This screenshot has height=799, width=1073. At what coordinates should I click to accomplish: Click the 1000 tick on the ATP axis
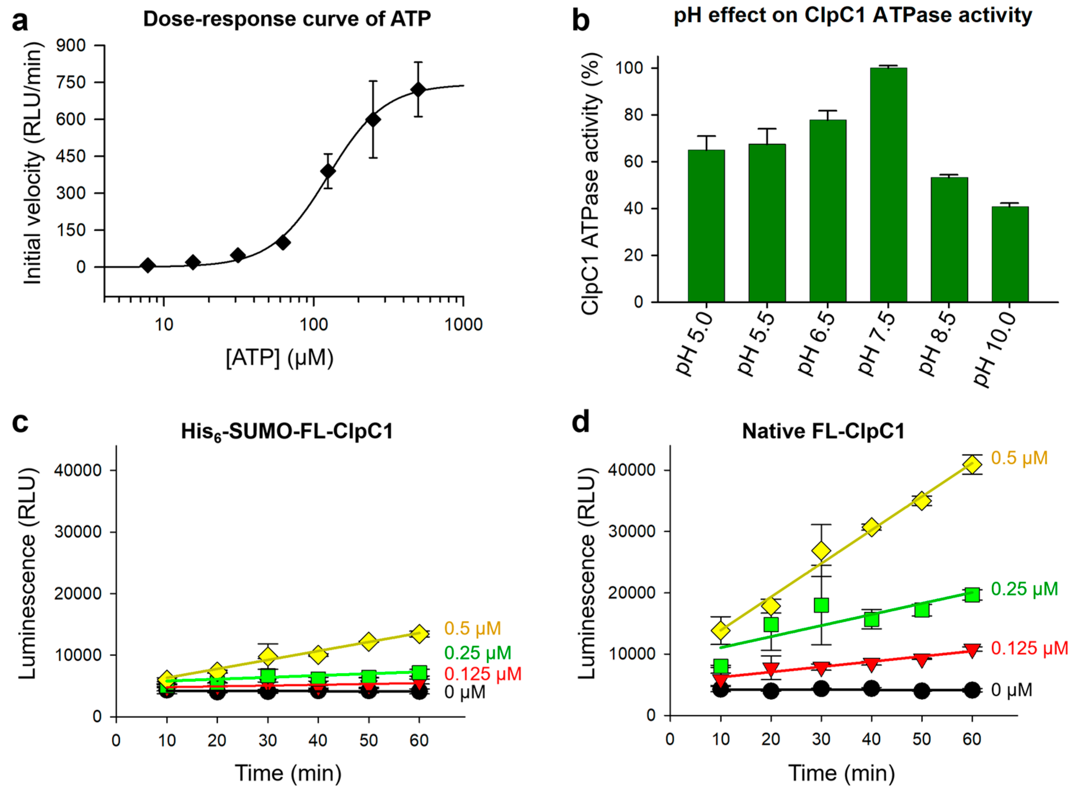[464, 324]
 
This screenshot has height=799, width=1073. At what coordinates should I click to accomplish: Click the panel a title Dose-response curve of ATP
[287, 19]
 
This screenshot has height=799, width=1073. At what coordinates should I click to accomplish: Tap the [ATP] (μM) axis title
[280, 358]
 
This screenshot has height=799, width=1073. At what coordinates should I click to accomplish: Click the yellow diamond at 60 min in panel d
[972, 465]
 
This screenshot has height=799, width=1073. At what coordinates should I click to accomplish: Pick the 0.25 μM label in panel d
[1024, 589]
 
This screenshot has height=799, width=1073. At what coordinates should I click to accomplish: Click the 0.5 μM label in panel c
[473, 628]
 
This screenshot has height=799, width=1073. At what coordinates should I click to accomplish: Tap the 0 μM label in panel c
[464, 692]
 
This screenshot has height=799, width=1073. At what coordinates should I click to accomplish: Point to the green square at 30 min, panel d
[821, 605]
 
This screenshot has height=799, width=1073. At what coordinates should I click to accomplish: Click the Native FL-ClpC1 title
[823, 431]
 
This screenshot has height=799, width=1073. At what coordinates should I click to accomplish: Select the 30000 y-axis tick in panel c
[78, 531]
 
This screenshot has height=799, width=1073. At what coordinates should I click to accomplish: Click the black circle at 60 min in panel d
[972, 690]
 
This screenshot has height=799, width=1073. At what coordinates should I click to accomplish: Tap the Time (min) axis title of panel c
[288, 773]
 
